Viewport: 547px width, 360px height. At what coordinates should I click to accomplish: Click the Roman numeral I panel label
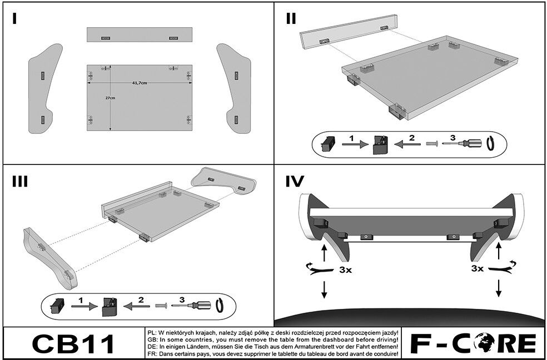tap(14, 18)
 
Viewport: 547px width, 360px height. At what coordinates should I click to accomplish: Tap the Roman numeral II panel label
tap(291, 18)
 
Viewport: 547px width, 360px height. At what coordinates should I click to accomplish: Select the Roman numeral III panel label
tap(20, 182)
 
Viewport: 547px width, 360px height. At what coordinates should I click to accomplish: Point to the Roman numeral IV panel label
tap(295, 182)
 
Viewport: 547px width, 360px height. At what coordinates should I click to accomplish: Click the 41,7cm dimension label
tap(140, 83)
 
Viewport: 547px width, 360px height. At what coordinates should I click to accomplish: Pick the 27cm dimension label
tap(110, 98)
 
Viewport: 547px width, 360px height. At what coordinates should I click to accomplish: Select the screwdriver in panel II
tap(461, 143)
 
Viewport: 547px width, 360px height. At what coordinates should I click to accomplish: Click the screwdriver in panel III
tap(191, 306)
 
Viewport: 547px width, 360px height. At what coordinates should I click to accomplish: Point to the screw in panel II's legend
tap(432, 143)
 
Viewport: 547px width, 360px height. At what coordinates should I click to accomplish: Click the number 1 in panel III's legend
tap(81, 300)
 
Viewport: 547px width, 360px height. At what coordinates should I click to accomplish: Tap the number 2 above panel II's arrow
tap(412, 138)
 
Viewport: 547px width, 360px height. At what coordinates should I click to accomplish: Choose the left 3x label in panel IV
tap(345, 270)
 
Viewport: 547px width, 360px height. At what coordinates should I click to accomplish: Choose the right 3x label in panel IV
tap(477, 268)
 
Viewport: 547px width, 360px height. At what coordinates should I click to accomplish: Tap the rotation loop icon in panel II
tap(491, 143)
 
